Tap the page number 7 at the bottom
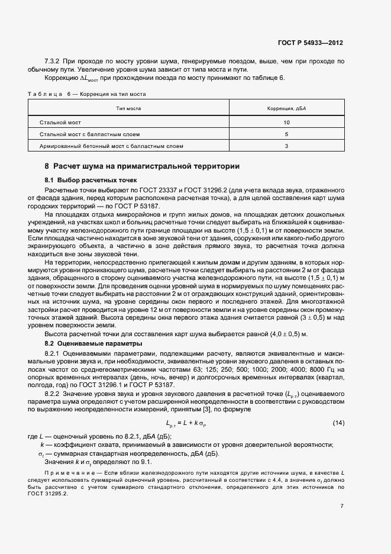pos(342,505)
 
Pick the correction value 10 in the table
pos(286,122)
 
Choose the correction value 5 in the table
pos(286,134)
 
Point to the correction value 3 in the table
pos(286,146)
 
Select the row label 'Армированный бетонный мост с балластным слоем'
pos(111,146)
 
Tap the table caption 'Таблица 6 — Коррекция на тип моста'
pos(87,94)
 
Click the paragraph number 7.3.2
pos(54,61)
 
